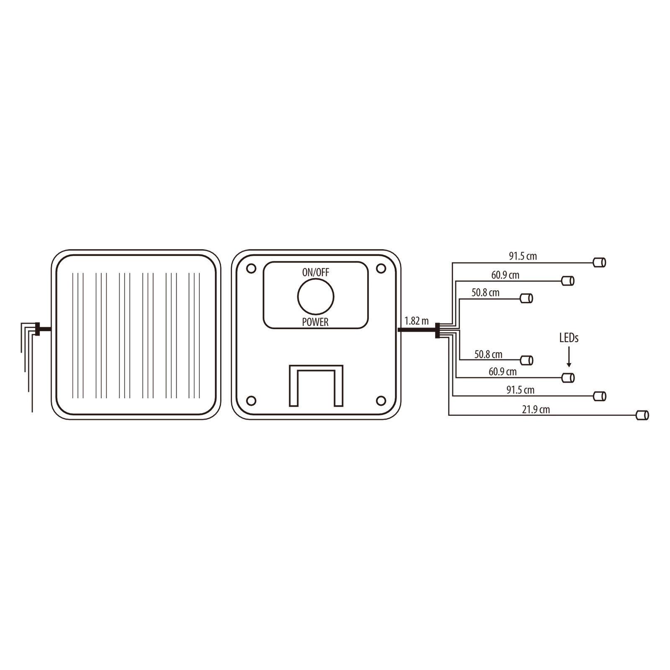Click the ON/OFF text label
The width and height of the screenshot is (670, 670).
point(316,273)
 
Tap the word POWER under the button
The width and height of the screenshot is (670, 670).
point(315,322)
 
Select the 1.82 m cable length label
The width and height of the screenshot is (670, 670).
point(417,321)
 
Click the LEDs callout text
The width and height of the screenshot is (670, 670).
point(569,338)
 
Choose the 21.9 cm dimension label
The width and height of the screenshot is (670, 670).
point(536,410)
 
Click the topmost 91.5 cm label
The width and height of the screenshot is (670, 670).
point(523,256)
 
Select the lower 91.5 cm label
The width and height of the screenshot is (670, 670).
point(521,390)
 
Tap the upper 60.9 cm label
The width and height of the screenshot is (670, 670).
point(505,275)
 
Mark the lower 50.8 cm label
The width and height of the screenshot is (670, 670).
point(488,355)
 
